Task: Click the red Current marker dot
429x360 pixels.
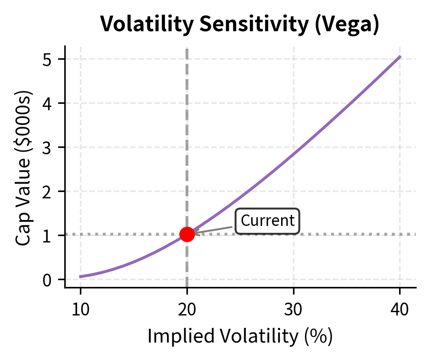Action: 187,234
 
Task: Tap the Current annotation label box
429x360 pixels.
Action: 267,221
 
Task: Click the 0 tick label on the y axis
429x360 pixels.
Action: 48,280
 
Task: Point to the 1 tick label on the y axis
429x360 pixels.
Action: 48,236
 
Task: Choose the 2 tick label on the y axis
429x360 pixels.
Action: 48,191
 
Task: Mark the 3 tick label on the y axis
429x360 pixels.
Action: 48,147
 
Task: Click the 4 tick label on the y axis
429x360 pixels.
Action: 48,103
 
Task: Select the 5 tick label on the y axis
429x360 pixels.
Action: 48,59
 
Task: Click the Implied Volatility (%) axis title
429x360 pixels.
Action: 240,337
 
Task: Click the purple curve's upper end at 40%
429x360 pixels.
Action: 400,56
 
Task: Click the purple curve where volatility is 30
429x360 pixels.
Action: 294,153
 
